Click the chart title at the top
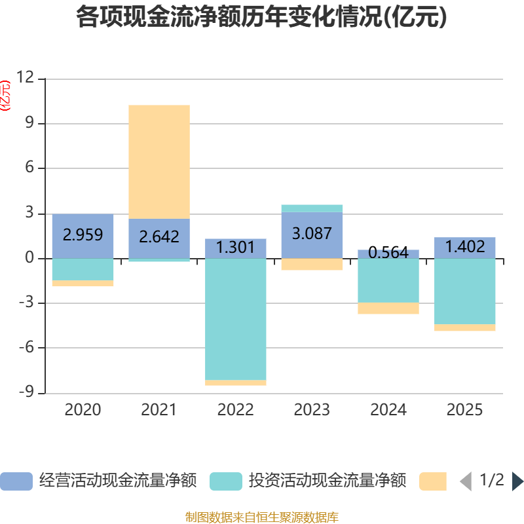click(262, 17)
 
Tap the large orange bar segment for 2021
click(159, 161)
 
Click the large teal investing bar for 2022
click(236, 319)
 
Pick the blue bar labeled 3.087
click(312, 234)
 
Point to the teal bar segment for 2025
click(465, 291)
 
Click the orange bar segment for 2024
click(388, 309)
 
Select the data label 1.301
click(236, 248)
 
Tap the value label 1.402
click(465, 247)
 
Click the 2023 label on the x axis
click(312, 410)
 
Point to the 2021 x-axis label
click(159, 410)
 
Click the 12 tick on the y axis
click(25, 78)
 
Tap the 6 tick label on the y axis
click(29, 168)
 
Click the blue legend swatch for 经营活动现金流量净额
click(16, 481)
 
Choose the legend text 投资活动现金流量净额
click(327, 481)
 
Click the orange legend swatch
click(433, 481)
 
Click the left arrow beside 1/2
click(466, 481)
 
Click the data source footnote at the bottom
click(262, 517)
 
